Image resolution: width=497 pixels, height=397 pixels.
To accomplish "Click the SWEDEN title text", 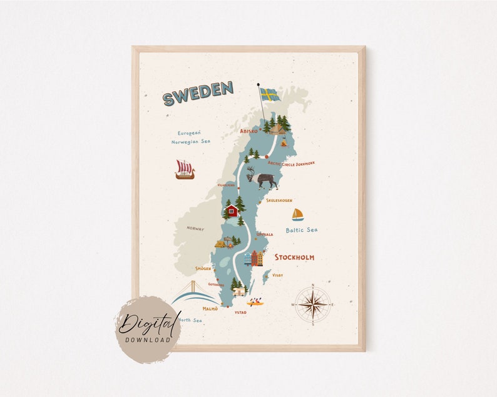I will pos(198,93).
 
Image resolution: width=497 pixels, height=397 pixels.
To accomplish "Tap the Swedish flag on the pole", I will pos(270,94).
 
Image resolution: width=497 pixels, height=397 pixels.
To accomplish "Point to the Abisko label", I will pos(248,131).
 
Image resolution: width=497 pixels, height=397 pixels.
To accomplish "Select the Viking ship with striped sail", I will pos(185,169).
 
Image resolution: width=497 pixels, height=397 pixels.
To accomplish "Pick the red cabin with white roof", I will pos(232,210).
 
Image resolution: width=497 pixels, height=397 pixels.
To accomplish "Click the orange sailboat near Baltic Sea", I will pos(297,215).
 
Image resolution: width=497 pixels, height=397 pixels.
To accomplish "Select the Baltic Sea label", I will pos(302,230).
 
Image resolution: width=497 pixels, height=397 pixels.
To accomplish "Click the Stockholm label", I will pos(294,257).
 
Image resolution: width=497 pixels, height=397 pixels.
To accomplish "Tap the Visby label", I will pos(278,275).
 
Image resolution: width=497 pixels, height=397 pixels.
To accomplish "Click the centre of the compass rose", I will pos(312,304).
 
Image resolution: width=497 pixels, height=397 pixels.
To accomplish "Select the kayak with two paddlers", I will pos(255,303).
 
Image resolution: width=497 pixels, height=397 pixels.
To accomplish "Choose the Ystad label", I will pos(240,312).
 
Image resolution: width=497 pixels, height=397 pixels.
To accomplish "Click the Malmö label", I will pos(210,308).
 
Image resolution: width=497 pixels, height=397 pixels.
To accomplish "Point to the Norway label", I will pos(195,229).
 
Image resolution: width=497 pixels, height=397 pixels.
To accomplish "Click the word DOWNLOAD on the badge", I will pos(148,339).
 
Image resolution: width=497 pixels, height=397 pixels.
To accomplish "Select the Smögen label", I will pos(203,268).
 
